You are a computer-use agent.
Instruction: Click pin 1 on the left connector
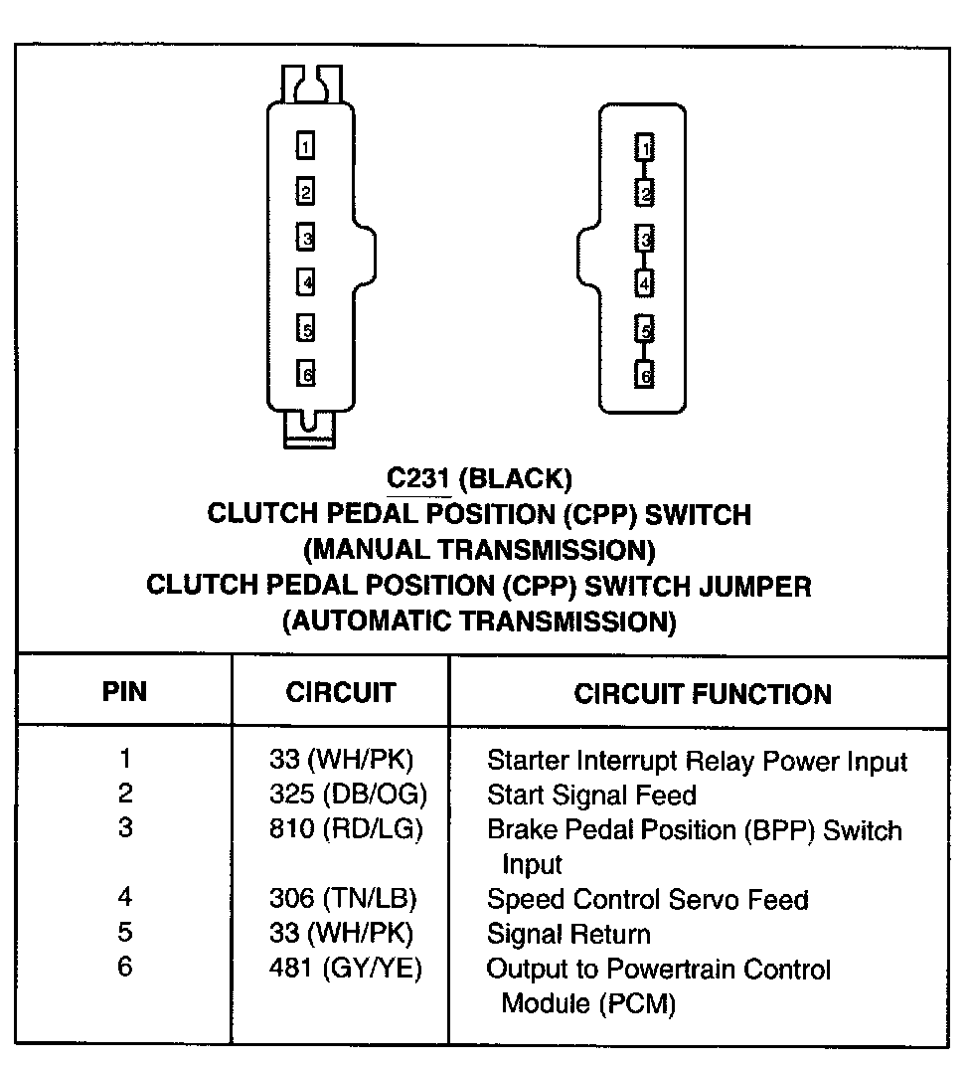[306, 147]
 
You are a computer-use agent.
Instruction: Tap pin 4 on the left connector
[306, 282]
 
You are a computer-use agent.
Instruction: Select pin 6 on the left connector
[306, 375]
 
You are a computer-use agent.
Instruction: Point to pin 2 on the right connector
[645, 192]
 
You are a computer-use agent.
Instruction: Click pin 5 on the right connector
[645, 330]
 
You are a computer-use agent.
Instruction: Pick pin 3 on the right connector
[645, 239]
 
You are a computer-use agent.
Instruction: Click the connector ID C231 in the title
[418, 479]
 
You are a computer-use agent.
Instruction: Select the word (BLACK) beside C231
[516, 479]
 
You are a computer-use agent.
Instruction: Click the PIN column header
[124, 691]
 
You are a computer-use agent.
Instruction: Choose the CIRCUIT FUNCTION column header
[703, 693]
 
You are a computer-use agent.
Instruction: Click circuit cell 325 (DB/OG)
[347, 796]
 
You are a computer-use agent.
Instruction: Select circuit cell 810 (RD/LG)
[346, 829]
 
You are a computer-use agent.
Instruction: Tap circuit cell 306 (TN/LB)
[343, 899]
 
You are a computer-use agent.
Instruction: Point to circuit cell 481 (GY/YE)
[345, 969]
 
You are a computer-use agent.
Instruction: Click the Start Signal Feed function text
[590, 796]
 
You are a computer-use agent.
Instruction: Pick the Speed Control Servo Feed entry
[647, 900]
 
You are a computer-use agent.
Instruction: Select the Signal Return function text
[568, 935]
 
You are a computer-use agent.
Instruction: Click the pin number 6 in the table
[124, 968]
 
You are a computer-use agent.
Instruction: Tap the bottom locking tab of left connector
[309, 429]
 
